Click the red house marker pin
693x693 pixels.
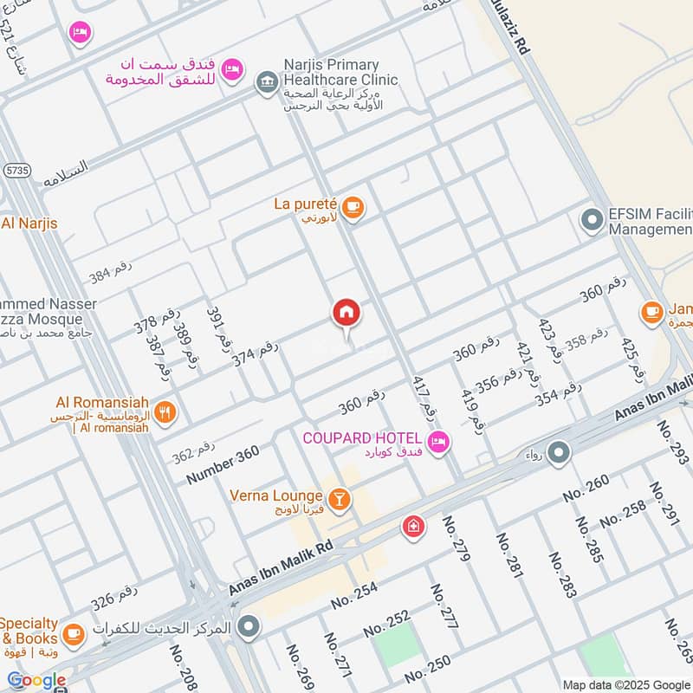click(x=346, y=314)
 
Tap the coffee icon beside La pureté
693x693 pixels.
click(x=352, y=206)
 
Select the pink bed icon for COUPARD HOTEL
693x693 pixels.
click(x=439, y=442)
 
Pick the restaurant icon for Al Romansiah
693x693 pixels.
click(x=166, y=411)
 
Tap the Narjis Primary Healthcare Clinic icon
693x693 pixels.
click(x=266, y=84)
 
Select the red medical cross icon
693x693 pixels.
click(x=413, y=527)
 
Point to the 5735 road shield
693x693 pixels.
click(x=15, y=171)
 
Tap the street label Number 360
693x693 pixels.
click(x=222, y=466)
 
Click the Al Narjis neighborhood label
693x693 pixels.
click(x=29, y=223)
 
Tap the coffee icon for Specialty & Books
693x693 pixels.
click(x=73, y=633)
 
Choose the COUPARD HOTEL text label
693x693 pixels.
click(x=362, y=437)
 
